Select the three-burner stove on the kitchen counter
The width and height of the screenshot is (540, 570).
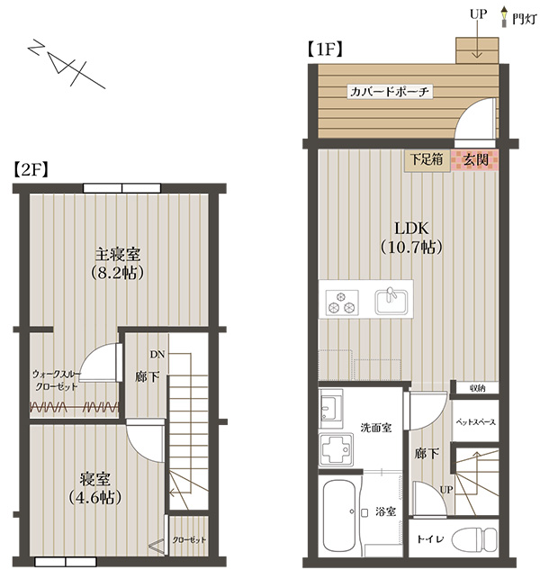click(342, 302)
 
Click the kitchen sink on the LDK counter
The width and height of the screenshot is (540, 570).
click(391, 302)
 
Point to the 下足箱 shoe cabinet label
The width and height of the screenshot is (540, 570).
click(427, 159)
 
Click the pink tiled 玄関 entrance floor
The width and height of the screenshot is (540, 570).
click(474, 160)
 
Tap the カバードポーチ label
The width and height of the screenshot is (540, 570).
click(389, 91)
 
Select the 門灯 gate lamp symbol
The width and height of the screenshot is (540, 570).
click(503, 16)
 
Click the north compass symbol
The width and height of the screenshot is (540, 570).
click(67, 64)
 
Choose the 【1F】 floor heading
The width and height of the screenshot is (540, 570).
click(325, 50)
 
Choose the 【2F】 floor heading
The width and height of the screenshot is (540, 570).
click(31, 170)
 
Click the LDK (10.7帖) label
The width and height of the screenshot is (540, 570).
click(411, 238)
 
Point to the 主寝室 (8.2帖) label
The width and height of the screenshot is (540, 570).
click(118, 264)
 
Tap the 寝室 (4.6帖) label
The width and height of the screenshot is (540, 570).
click(95, 488)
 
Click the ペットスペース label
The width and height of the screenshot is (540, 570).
click(475, 422)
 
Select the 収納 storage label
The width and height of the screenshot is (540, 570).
click(477, 388)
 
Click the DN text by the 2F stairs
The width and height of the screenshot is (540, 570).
click(157, 355)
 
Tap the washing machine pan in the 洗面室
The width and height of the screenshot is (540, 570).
click(336, 449)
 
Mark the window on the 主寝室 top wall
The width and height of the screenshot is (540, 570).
click(121, 188)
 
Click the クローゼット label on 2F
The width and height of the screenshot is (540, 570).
click(189, 539)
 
